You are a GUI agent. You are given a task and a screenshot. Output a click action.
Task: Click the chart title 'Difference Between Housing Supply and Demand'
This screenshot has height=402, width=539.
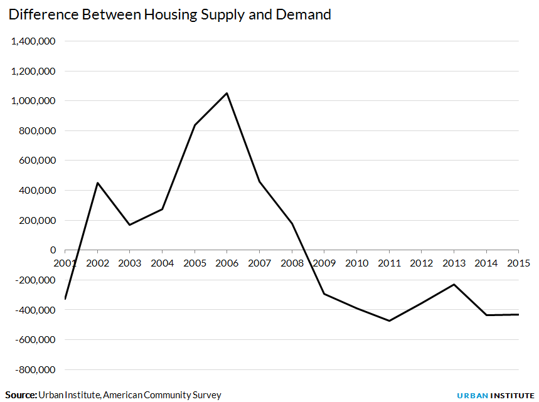pyautogui.click(x=169, y=14)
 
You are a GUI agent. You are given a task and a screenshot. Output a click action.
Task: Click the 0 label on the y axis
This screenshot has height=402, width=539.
pyautogui.click(x=53, y=250)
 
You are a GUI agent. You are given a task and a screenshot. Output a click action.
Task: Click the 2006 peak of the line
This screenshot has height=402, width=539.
pyautogui.click(x=227, y=93)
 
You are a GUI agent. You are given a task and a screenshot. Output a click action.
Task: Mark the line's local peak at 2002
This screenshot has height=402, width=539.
pyautogui.click(x=97, y=183)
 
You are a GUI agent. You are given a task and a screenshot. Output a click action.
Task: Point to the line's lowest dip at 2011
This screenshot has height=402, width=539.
pyautogui.click(x=389, y=321)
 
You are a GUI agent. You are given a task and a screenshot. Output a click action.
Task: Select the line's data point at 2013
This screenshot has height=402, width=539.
pyautogui.click(x=454, y=285)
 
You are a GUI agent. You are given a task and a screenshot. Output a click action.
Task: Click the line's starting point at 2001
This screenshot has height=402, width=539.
pyautogui.click(x=65, y=299)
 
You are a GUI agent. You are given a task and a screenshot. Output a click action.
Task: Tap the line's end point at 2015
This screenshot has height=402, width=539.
pyautogui.click(x=518, y=314)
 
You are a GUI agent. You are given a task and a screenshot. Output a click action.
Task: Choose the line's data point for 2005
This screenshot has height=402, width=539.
pyautogui.click(x=195, y=125)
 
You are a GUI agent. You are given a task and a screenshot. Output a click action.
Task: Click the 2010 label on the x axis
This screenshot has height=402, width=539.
pyautogui.click(x=356, y=262)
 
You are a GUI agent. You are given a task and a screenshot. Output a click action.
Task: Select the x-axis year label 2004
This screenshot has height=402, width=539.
pyautogui.click(x=162, y=262)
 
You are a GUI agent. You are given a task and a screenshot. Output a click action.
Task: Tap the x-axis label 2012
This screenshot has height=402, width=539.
pyautogui.click(x=421, y=262)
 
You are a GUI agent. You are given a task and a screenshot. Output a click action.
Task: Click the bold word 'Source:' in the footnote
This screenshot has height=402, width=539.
pyautogui.click(x=21, y=395)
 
